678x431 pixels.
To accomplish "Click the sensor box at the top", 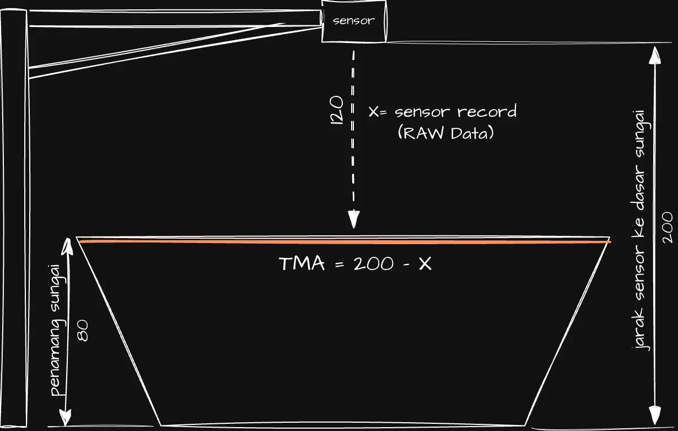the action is point(354,21).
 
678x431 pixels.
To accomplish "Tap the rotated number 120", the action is point(337,110).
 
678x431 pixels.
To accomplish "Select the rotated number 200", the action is point(667,227).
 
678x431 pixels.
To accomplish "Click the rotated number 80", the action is point(83,331).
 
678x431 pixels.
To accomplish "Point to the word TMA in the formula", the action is point(302,263).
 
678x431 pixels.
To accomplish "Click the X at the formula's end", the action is point(425,263).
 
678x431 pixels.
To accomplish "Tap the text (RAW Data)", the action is point(445,133).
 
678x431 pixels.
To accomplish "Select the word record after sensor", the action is point(487,111).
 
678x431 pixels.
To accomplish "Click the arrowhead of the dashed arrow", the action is point(353,219).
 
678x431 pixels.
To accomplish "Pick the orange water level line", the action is point(345,242).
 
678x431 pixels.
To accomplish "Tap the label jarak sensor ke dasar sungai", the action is point(640,230).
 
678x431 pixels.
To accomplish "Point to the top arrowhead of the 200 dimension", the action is point(655,55).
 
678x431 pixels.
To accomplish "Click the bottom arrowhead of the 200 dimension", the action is point(655,415).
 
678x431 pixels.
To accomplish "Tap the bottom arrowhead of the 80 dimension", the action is point(66,418).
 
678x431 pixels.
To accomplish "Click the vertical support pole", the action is point(14,218).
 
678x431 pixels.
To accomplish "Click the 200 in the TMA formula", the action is point(374,263).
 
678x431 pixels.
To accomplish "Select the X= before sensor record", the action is point(378,112).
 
